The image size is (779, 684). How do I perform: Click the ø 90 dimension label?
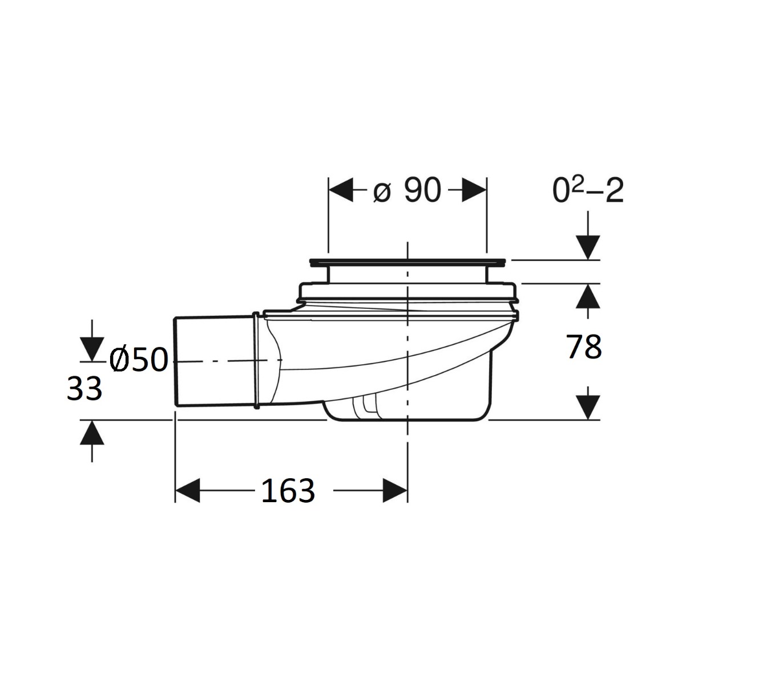pos(407,190)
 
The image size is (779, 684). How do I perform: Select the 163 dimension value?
pos(288,490)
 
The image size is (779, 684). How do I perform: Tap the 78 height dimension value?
pos(584,347)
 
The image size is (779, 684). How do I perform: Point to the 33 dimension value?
pos(84,389)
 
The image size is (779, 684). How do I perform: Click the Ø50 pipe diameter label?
pos(139,360)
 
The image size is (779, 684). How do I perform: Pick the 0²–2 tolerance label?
pos(588,190)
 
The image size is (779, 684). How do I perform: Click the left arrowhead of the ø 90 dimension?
pos(341,190)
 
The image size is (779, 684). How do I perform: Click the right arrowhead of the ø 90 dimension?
pos(474,190)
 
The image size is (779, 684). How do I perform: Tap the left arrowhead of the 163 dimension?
pos(188,490)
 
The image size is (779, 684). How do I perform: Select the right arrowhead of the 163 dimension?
pos(395,490)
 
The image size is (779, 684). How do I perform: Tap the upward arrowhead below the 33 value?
pos(92,433)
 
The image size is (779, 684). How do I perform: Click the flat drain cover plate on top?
pos(407,263)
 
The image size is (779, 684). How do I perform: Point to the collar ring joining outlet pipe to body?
pos(257,360)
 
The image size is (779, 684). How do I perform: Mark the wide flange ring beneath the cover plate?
pos(407,292)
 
